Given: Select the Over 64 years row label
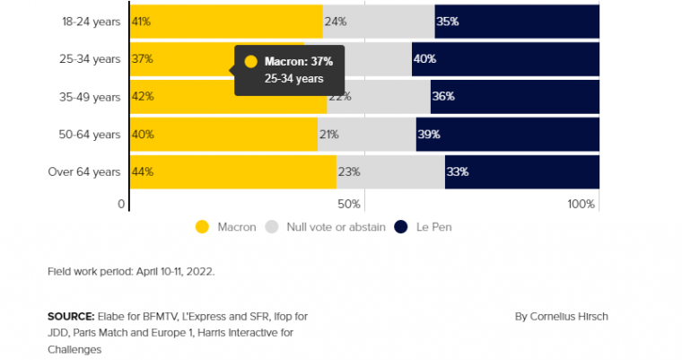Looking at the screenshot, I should tap(83, 171).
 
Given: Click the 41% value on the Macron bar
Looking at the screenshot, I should tap(141, 21).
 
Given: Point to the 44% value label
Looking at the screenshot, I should tap(142, 171).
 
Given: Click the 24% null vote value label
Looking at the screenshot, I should tap(336, 21).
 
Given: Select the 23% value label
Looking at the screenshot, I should tap(349, 171).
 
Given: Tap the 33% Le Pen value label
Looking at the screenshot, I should tap(458, 171).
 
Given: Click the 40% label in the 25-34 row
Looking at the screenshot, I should tap(424, 59).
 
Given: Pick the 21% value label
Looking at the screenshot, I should tap(329, 135).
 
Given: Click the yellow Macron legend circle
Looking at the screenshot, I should tap(202, 227).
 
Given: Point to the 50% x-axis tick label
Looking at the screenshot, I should tap(349, 205).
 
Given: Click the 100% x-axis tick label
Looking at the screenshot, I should tap(581, 205).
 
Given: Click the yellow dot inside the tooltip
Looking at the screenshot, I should tap(250, 62).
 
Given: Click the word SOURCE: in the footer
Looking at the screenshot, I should tap(71, 316).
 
